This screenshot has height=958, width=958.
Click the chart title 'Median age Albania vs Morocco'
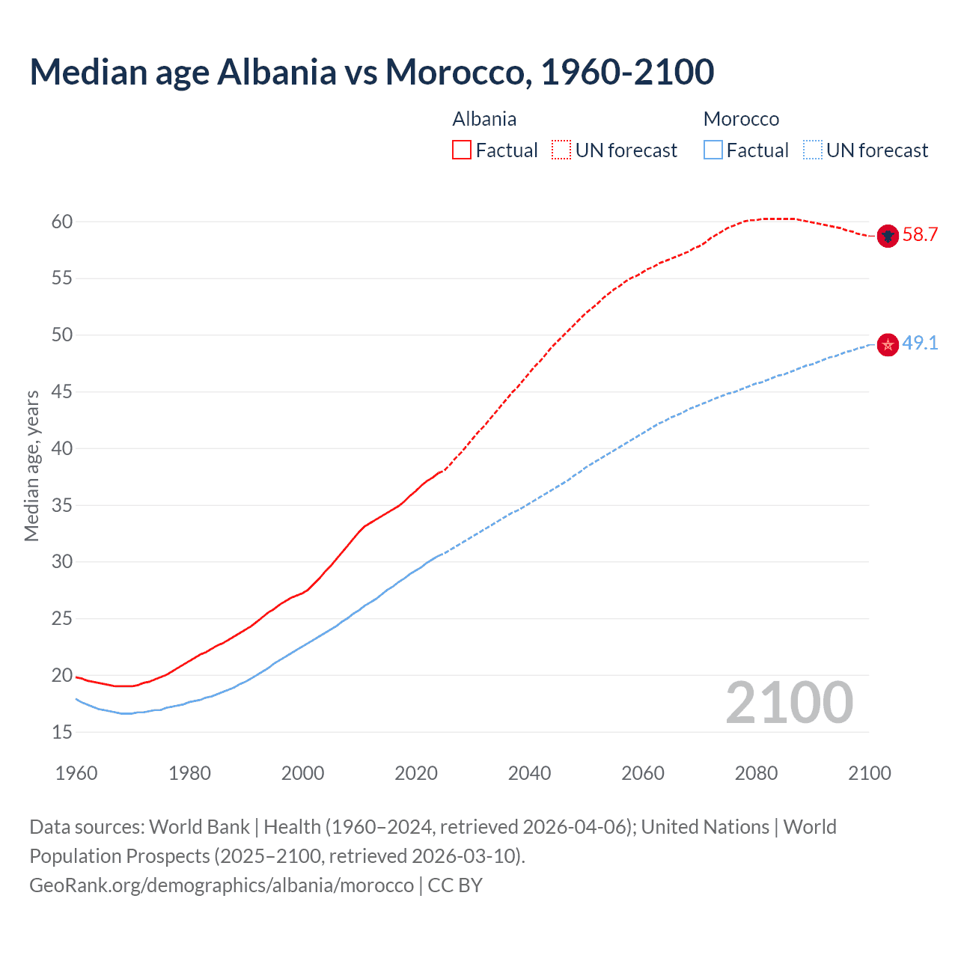click(x=371, y=72)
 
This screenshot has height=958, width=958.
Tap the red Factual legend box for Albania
click(x=462, y=150)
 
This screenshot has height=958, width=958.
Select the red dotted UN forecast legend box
click(x=561, y=150)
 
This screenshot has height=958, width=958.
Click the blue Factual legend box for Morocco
click(x=713, y=150)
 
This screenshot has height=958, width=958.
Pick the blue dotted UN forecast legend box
click(x=813, y=150)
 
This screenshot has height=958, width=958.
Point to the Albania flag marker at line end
click(x=888, y=236)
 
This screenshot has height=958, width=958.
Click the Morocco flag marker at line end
click(x=888, y=344)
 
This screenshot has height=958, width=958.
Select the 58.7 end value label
click(x=920, y=235)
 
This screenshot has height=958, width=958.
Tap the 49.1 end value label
click(x=920, y=344)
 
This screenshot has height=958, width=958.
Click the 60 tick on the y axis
click(x=62, y=222)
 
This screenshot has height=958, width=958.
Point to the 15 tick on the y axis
click(x=62, y=732)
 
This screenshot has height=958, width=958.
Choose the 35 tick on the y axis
click(x=62, y=505)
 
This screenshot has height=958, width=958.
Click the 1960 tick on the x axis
click(x=76, y=773)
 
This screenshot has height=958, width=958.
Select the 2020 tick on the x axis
click(x=416, y=773)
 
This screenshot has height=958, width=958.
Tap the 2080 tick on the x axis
click(x=756, y=773)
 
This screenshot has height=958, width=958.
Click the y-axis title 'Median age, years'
click(x=31, y=466)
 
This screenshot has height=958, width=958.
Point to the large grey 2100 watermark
click(x=789, y=702)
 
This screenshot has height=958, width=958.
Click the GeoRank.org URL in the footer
click(x=222, y=885)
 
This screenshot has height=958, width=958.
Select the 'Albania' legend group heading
click(x=484, y=119)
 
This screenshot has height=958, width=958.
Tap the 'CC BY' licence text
click(x=455, y=885)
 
